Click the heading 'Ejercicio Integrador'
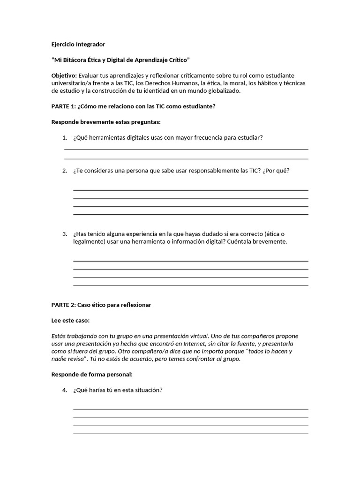(x=78, y=45)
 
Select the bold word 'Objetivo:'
(x=64, y=75)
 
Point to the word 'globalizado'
(x=223, y=90)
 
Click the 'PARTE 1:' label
(x=63, y=106)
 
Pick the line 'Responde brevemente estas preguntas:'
(x=106, y=122)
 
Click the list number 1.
(x=64, y=137)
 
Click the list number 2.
(x=64, y=171)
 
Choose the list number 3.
(x=64, y=234)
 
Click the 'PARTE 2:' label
(x=63, y=305)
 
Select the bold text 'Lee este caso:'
(x=70, y=321)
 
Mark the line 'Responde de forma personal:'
(x=92, y=375)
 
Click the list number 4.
(x=64, y=390)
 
